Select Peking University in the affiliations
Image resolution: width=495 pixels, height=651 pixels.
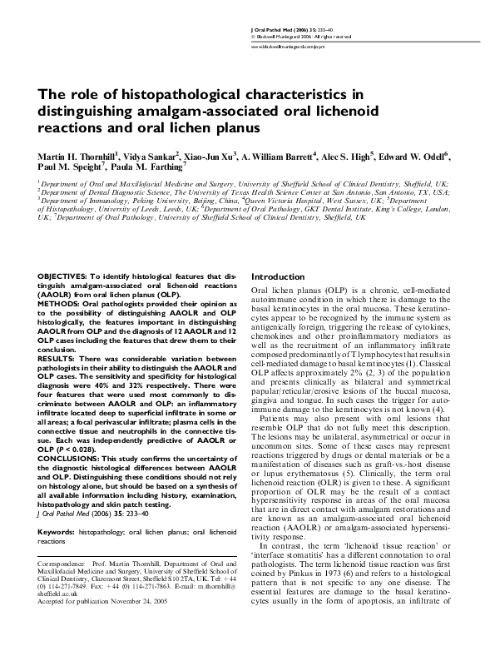pyautogui.click(x=156, y=200)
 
